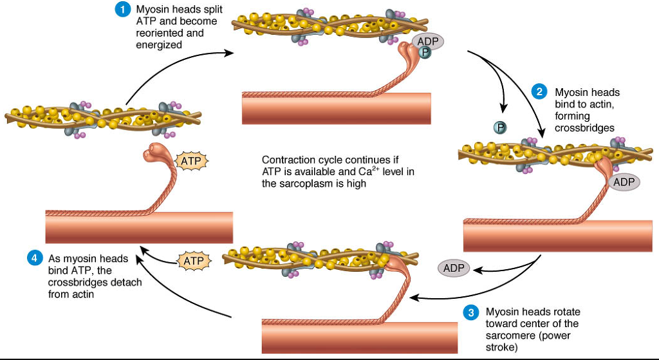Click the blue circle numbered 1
pyautogui.click(x=120, y=10)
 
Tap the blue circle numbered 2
pyautogui.click(x=539, y=92)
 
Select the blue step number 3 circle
pyautogui.click(x=471, y=312)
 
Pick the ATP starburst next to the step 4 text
pyautogui.click(x=194, y=261)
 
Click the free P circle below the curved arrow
pyautogui.click(x=500, y=128)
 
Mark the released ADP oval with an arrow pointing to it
pyautogui.click(x=454, y=267)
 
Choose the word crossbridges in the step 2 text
pyautogui.click(x=585, y=128)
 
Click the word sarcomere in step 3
pyautogui.click(x=511, y=336)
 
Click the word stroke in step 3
pyautogui.click(x=502, y=348)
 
